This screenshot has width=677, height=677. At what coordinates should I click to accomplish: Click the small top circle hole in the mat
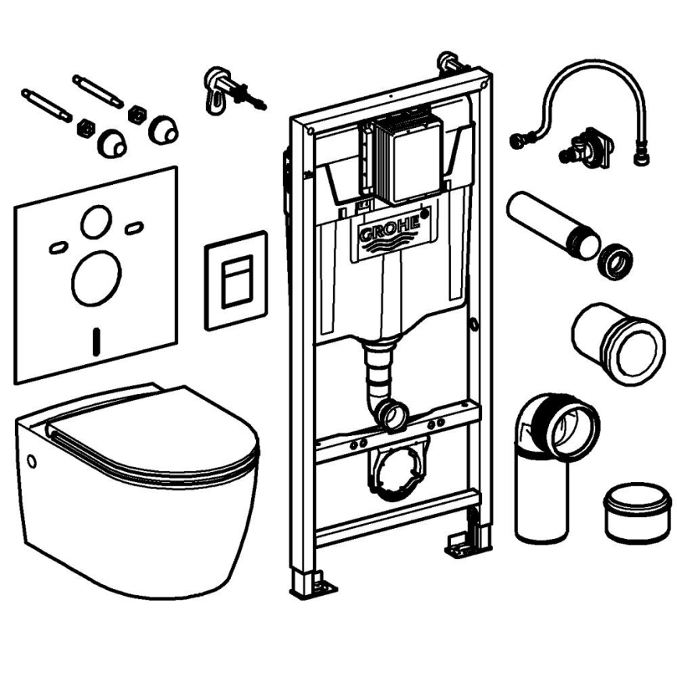click(x=96, y=223)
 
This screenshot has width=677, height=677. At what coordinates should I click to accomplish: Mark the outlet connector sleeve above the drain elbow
click(x=616, y=343)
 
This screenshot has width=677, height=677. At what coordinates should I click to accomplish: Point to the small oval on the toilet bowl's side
click(x=32, y=460)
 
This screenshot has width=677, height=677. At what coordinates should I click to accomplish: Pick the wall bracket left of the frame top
click(x=223, y=87)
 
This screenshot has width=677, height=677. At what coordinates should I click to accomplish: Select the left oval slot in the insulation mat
click(x=58, y=247)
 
